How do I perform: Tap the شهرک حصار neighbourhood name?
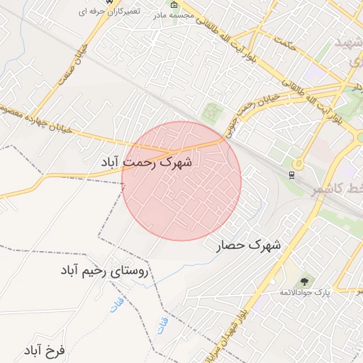coord(248,246)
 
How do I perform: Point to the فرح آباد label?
coord(44,351)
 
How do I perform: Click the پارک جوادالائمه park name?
coord(305,293)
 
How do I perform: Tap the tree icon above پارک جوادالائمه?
coord(305,282)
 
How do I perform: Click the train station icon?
coord(291,174)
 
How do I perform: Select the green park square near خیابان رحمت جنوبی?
coord(212,112)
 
